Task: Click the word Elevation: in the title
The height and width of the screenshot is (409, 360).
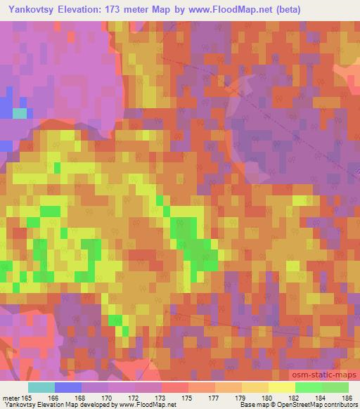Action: [x=89, y=8]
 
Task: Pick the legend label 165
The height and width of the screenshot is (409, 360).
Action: [x=27, y=398]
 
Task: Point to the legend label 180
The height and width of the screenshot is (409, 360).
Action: [x=268, y=398]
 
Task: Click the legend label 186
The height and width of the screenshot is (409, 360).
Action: [x=348, y=398]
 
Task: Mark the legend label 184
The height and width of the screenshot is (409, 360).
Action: [x=321, y=398]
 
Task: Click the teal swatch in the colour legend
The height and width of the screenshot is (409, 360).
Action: [x=41, y=387]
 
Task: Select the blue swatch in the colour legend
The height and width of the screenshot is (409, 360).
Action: [x=68, y=387]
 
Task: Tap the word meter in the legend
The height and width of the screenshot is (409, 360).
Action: [x=11, y=398]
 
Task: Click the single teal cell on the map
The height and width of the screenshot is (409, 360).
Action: [x=20, y=112]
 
